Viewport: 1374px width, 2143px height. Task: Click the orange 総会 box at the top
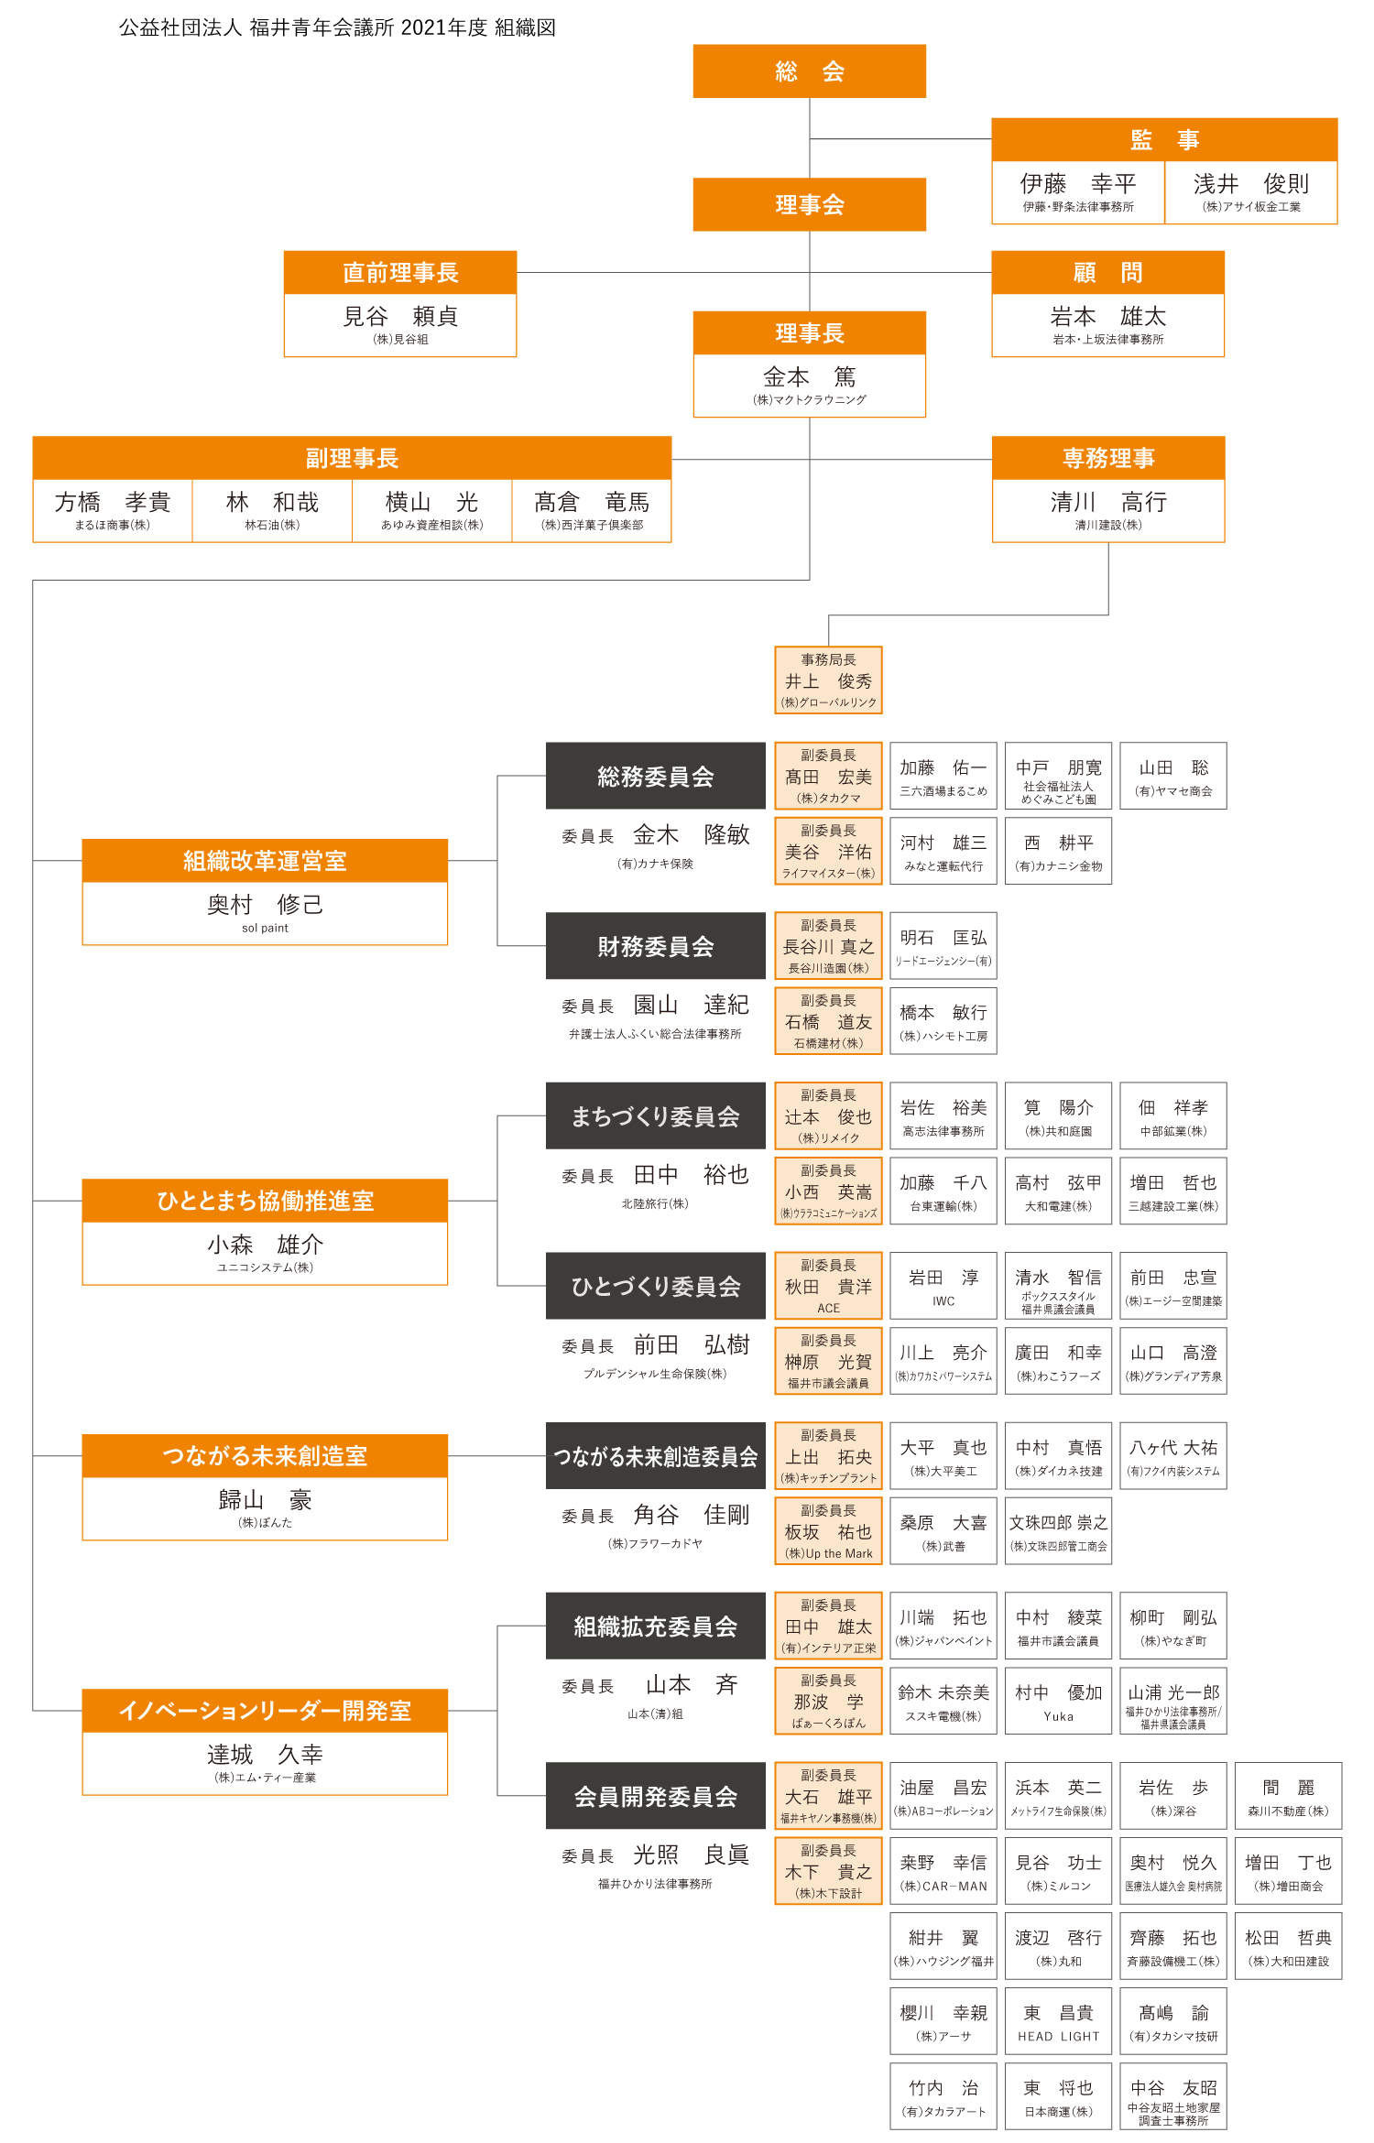pyautogui.click(x=809, y=71)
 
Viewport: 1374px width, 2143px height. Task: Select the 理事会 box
pyautogui.click(x=809, y=204)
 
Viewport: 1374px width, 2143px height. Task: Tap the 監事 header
pyautogui.click(x=1164, y=140)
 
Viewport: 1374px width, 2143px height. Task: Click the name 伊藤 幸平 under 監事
pyautogui.click(x=1078, y=184)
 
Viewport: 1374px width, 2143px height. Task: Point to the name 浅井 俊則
pyautogui.click(x=1251, y=184)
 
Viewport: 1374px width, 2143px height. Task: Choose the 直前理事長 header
pyautogui.click(x=400, y=273)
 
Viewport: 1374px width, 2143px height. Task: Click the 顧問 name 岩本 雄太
pyautogui.click(x=1108, y=317)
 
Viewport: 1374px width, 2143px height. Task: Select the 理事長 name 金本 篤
pyautogui.click(x=809, y=377)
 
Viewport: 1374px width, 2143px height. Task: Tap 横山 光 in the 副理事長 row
pyautogui.click(x=431, y=502)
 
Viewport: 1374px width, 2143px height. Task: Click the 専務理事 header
pyautogui.click(x=1108, y=458)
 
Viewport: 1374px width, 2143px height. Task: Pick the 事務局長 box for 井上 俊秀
pyautogui.click(x=828, y=680)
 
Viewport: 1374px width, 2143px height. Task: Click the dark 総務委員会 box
pyautogui.click(x=656, y=777)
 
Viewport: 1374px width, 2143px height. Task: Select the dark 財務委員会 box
pyautogui.click(x=656, y=946)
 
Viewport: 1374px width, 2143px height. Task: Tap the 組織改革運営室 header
pyautogui.click(x=265, y=861)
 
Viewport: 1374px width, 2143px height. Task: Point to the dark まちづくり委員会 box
pyautogui.click(x=656, y=1116)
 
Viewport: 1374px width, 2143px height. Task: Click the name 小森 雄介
pyautogui.click(x=265, y=1245)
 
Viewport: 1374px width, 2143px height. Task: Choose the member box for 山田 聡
pyautogui.click(x=1173, y=777)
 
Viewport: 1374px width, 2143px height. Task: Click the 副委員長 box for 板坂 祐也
pyautogui.click(x=828, y=1531)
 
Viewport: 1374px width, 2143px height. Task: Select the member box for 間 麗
pyautogui.click(x=1288, y=1796)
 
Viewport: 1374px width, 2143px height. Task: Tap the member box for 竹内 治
pyautogui.click(x=943, y=2096)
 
